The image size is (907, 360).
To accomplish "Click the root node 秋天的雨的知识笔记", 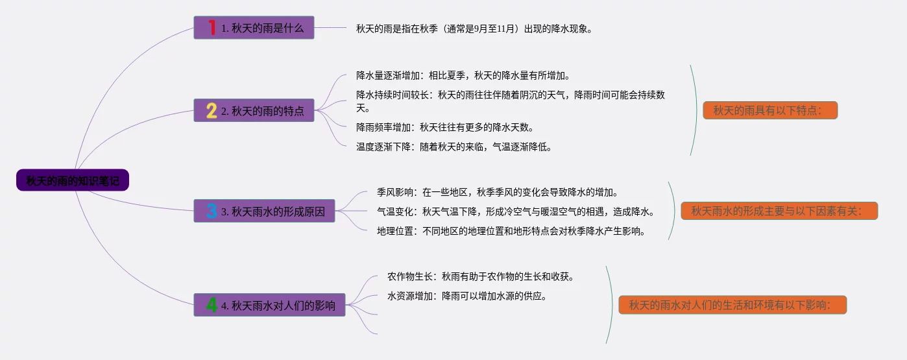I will (73, 180).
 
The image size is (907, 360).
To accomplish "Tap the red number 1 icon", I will (212, 28).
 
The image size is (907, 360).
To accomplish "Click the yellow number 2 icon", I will (212, 111).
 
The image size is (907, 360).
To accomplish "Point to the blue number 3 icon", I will (212, 211).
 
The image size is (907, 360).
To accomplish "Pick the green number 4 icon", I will (212, 305).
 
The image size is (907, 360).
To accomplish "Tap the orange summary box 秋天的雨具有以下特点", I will (770, 110).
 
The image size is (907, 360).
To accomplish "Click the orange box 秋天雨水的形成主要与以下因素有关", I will (779, 211).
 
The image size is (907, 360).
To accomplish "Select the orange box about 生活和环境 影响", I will (732, 305).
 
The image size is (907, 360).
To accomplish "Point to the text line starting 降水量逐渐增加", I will (463, 75).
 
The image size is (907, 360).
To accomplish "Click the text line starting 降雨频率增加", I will (444, 127).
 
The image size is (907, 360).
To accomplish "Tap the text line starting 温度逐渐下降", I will (453, 147).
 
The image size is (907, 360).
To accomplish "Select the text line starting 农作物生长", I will (481, 276).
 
